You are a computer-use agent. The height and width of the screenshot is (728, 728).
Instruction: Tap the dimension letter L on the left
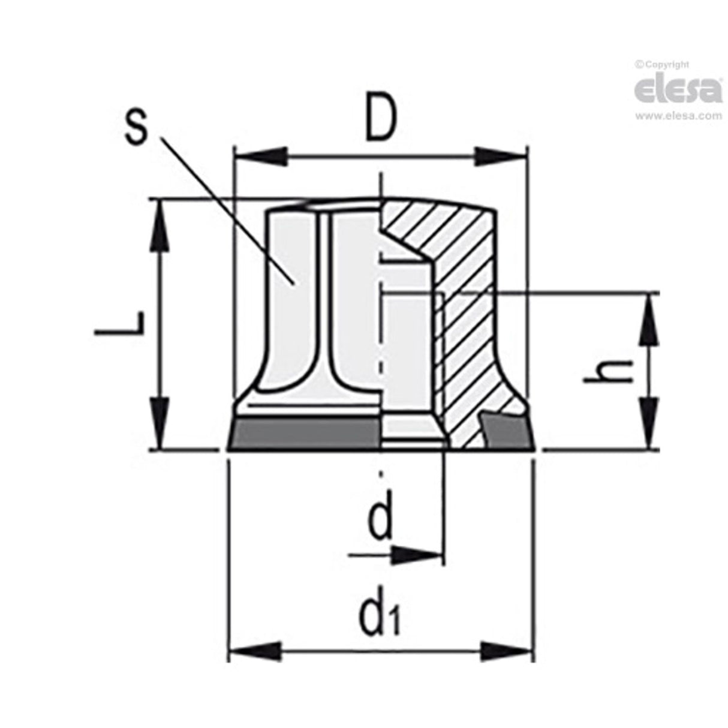[x=124, y=324]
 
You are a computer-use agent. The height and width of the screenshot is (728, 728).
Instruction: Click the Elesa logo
[x=678, y=90]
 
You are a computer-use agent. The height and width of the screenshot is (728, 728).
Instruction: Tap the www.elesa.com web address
[x=678, y=116]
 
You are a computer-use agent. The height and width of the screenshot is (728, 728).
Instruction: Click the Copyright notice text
[x=663, y=64]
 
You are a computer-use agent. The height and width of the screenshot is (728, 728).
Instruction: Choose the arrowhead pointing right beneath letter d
[x=420, y=555]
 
